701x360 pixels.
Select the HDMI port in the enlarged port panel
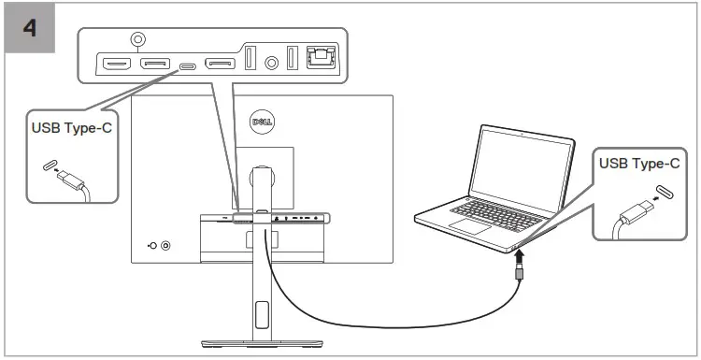[117, 65]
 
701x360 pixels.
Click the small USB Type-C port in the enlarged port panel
[188, 65]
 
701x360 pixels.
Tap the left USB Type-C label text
[72, 127]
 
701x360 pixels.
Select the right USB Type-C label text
[638, 164]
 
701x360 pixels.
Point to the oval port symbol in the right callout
[663, 193]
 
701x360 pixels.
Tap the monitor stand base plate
[262, 341]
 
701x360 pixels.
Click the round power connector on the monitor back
[166, 246]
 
